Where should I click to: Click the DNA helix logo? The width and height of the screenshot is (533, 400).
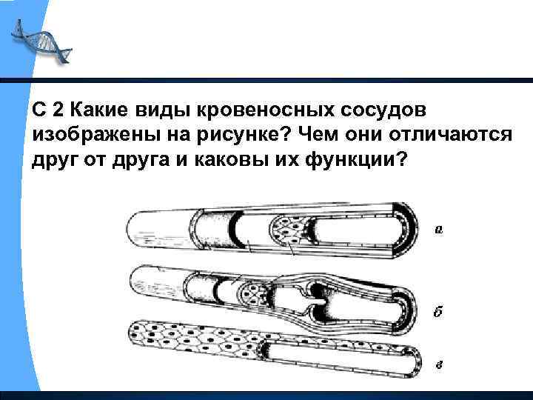tap(41, 41)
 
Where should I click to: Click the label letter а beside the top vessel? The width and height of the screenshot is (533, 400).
tap(439, 230)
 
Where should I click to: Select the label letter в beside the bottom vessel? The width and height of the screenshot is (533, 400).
tap(439, 366)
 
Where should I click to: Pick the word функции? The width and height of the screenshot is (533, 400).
tap(356, 159)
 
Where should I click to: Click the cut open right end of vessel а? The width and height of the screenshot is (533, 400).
tap(404, 230)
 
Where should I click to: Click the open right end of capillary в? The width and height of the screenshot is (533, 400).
tap(413, 362)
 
